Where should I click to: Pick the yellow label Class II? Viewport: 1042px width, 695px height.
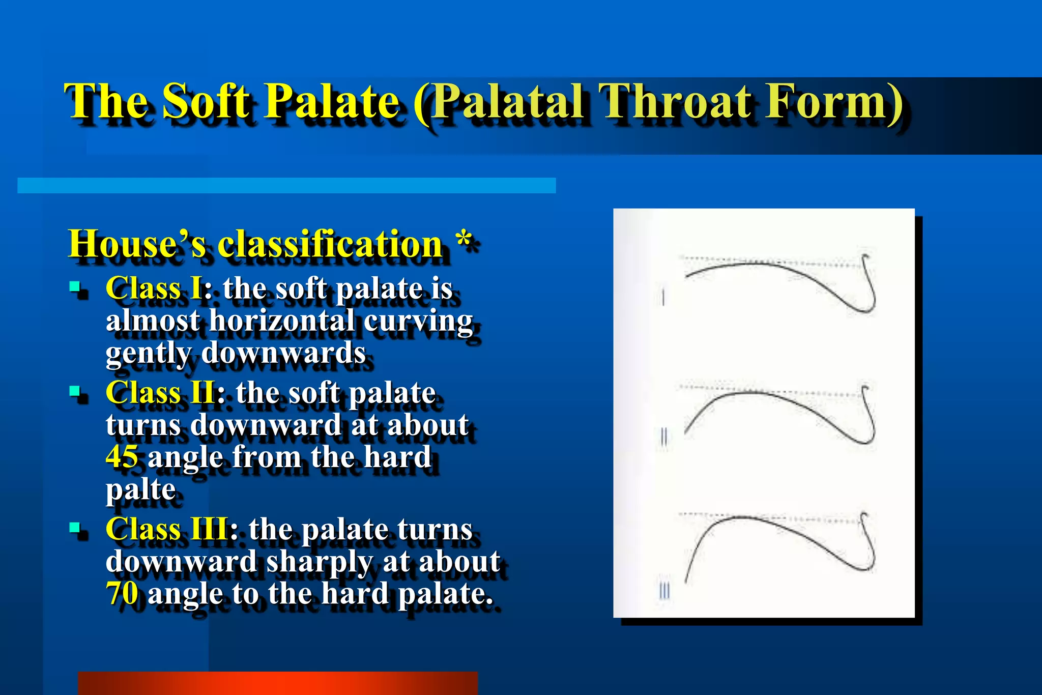tap(160, 393)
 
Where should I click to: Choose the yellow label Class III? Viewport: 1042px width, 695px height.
tap(167, 529)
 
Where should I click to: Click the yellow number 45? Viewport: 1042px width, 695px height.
tap(122, 456)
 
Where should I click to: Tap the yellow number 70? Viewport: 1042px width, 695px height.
tap(122, 593)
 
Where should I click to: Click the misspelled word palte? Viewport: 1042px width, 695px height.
tap(140, 489)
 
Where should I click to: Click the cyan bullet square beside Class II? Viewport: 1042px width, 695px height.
tap(75, 391)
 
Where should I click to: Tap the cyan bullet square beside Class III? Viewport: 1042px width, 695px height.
tap(75, 527)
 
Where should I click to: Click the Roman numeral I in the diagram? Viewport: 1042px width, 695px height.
tap(663, 297)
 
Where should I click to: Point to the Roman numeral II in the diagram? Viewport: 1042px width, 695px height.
tap(663, 437)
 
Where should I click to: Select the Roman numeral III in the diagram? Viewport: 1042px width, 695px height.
tap(664, 591)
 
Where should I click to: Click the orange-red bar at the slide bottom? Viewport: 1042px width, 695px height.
tap(278, 683)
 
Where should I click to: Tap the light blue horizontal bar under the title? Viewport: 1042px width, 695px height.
tap(286, 185)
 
